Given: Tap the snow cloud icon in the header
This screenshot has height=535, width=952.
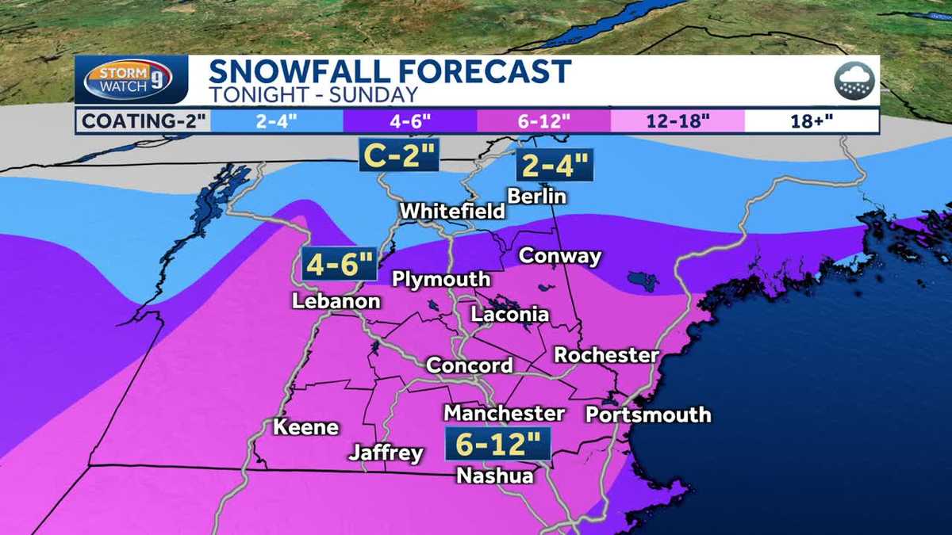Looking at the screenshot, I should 854,80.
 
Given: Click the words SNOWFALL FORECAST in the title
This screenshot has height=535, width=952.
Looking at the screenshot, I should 389,71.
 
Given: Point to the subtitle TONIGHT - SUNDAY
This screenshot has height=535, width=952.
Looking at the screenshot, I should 313,95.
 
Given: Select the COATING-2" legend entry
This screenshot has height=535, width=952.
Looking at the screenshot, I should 142,122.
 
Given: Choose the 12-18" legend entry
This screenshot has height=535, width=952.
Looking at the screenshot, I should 678,122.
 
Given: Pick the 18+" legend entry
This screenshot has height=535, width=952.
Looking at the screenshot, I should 811,122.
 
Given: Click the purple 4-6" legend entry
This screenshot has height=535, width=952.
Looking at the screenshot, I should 409,122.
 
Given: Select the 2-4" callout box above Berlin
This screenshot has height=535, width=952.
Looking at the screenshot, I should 555,166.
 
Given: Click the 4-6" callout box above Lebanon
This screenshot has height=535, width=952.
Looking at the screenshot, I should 338,265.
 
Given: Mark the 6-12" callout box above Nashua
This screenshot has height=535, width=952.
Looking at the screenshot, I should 497,444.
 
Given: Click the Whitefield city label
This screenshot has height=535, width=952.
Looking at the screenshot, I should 452,212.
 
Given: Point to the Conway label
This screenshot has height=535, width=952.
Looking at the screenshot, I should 559,257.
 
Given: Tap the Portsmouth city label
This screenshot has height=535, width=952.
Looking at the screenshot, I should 647,415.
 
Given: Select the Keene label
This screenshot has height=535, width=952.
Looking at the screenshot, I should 305,427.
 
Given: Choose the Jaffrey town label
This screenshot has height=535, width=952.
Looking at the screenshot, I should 386,453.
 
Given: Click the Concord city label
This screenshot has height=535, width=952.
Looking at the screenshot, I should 469,365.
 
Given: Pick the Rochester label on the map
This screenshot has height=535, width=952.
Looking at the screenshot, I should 606,355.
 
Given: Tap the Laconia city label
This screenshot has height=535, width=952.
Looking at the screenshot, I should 509,314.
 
